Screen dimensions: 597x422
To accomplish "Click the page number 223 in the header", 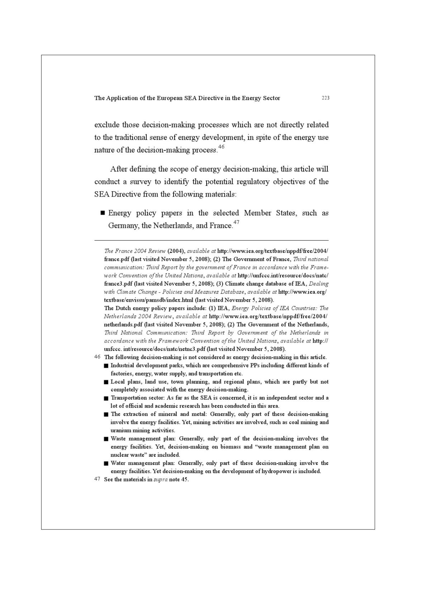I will click(x=325, y=98).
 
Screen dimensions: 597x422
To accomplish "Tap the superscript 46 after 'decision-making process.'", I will click(x=221, y=147).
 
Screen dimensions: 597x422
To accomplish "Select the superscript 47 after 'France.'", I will click(x=236, y=222).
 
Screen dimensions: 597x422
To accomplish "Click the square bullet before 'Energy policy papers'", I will click(x=103, y=213).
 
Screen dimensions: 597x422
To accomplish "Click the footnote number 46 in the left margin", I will click(x=97, y=357).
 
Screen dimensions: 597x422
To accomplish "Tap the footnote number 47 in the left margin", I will click(x=97, y=479).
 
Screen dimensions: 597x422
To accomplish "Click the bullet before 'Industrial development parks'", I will click(x=106, y=366).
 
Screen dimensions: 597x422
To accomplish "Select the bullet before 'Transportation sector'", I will click(x=106, y=398).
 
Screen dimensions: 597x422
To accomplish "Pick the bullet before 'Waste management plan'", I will click(x=106, y=439).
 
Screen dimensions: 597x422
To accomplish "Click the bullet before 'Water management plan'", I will click(x=106, y=463).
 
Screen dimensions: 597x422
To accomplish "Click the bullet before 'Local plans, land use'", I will click(x=106, y=382).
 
